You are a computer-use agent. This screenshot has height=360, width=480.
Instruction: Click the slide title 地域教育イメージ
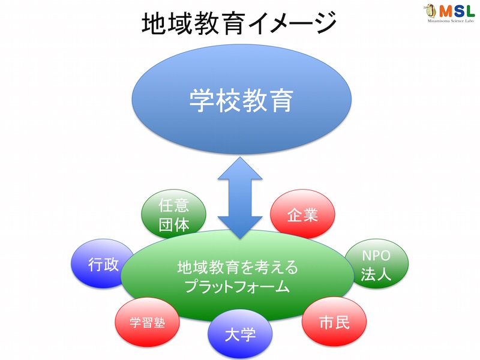[x=239, y=23]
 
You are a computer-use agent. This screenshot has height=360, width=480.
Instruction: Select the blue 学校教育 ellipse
[x=242, y=99]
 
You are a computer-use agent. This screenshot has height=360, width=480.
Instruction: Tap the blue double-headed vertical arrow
[x=240, y=198]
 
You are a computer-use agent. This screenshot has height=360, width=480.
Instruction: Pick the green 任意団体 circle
[x=173, y=214]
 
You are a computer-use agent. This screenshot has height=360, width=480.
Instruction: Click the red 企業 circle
[x=302, y=214]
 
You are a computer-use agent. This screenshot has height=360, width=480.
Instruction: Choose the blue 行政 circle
[x=103, y=263]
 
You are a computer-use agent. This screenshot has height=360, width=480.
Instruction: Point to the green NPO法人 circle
[x=376, y=263]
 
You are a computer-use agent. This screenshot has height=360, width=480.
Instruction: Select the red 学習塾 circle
[x=147, y=322]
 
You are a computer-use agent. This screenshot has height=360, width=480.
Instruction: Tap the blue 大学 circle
[x=240, y=334]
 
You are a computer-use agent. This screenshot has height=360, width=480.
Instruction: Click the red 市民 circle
[x=334, y=322]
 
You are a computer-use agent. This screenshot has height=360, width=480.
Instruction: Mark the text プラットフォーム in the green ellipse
[x=237, y=287]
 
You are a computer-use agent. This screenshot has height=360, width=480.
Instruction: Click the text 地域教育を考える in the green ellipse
[x=238, y=267]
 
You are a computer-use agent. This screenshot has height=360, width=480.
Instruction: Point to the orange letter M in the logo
[x=446, y=11]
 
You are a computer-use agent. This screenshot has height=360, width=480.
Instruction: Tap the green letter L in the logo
[x=470, y=11]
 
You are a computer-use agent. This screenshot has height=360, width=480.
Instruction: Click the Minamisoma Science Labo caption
[x=451, y=21]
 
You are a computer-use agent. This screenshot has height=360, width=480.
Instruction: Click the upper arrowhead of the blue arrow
[x=240, y=169]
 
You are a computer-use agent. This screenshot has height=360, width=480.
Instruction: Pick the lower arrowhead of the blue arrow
[x=240, y=228]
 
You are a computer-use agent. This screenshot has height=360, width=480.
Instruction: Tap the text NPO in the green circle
[x=376, y=256]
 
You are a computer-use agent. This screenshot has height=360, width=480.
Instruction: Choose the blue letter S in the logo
[x=458, y=11]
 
